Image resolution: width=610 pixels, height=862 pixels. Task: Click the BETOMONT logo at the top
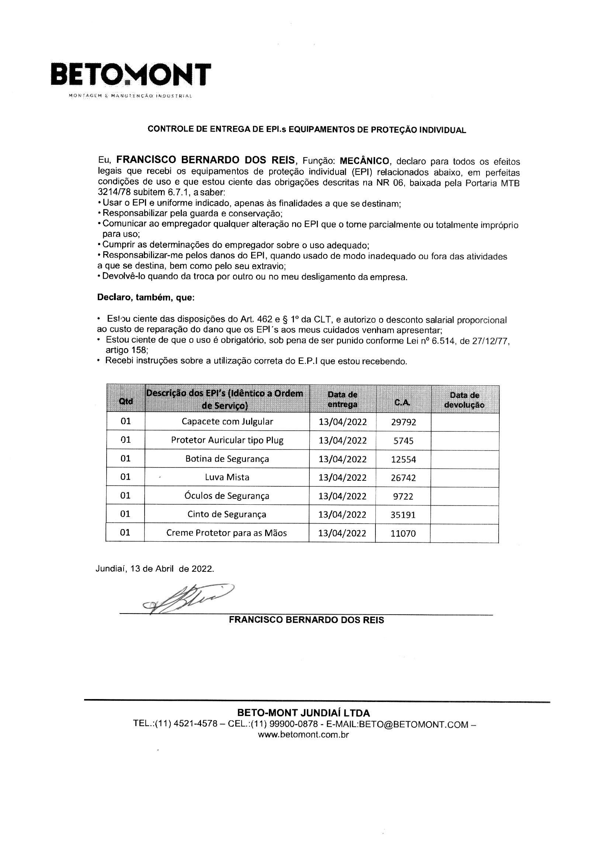[x=130, y=75]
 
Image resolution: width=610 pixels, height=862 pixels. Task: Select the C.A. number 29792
[x=403, y=422]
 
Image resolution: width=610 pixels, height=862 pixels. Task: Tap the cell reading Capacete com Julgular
[x=227, y=421]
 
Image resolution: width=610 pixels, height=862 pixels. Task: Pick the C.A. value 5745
[x=403, y=441]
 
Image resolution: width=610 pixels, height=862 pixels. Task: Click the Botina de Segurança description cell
[x=227, y=459]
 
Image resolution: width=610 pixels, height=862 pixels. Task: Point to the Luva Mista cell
[x=227, y=477]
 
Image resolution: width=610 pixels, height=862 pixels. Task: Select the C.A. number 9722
[x=403, y=496]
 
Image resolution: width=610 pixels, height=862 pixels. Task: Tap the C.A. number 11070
[x=403, y=533]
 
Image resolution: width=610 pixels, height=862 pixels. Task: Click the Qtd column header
[x=126, y=401]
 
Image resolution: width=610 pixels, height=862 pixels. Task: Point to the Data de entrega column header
[x=343, y=400]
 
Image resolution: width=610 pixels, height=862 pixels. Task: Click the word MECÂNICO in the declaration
[x=364, y=161]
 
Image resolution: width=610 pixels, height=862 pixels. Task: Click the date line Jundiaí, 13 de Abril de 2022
[x=155, y=569]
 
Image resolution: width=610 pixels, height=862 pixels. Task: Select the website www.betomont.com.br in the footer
[x=303, y=735]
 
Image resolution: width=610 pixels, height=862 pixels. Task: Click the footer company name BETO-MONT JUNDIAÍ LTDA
[x=303, y=713]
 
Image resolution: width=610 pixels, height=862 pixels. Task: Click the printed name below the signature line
[x=306, y=620]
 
